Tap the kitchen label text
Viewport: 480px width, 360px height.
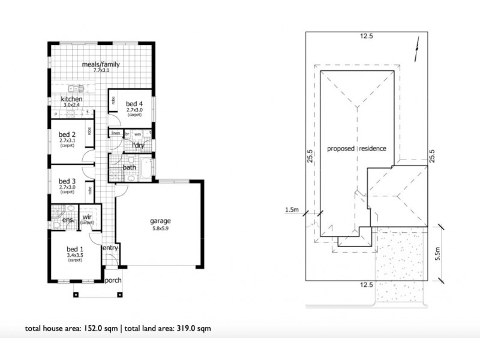click(x=71, y=99)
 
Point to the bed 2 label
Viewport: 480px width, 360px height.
click(x=67, y=134)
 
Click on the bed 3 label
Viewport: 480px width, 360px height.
click(x=67, y=181)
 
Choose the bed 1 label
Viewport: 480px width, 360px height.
click(x=75, y=248)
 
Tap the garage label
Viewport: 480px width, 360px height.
click(x=161, y=220)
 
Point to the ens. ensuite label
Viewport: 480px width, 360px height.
click(x=68, y=220)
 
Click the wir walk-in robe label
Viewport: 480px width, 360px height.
click(x=87, y=217)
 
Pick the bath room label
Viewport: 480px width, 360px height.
click(x=128, y=167)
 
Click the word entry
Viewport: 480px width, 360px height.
click(x=110, y=248)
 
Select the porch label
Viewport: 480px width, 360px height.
click(x=113, y=280)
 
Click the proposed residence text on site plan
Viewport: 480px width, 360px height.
click(x=356, y=148)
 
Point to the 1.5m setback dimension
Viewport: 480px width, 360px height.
click(x=292, y=209)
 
